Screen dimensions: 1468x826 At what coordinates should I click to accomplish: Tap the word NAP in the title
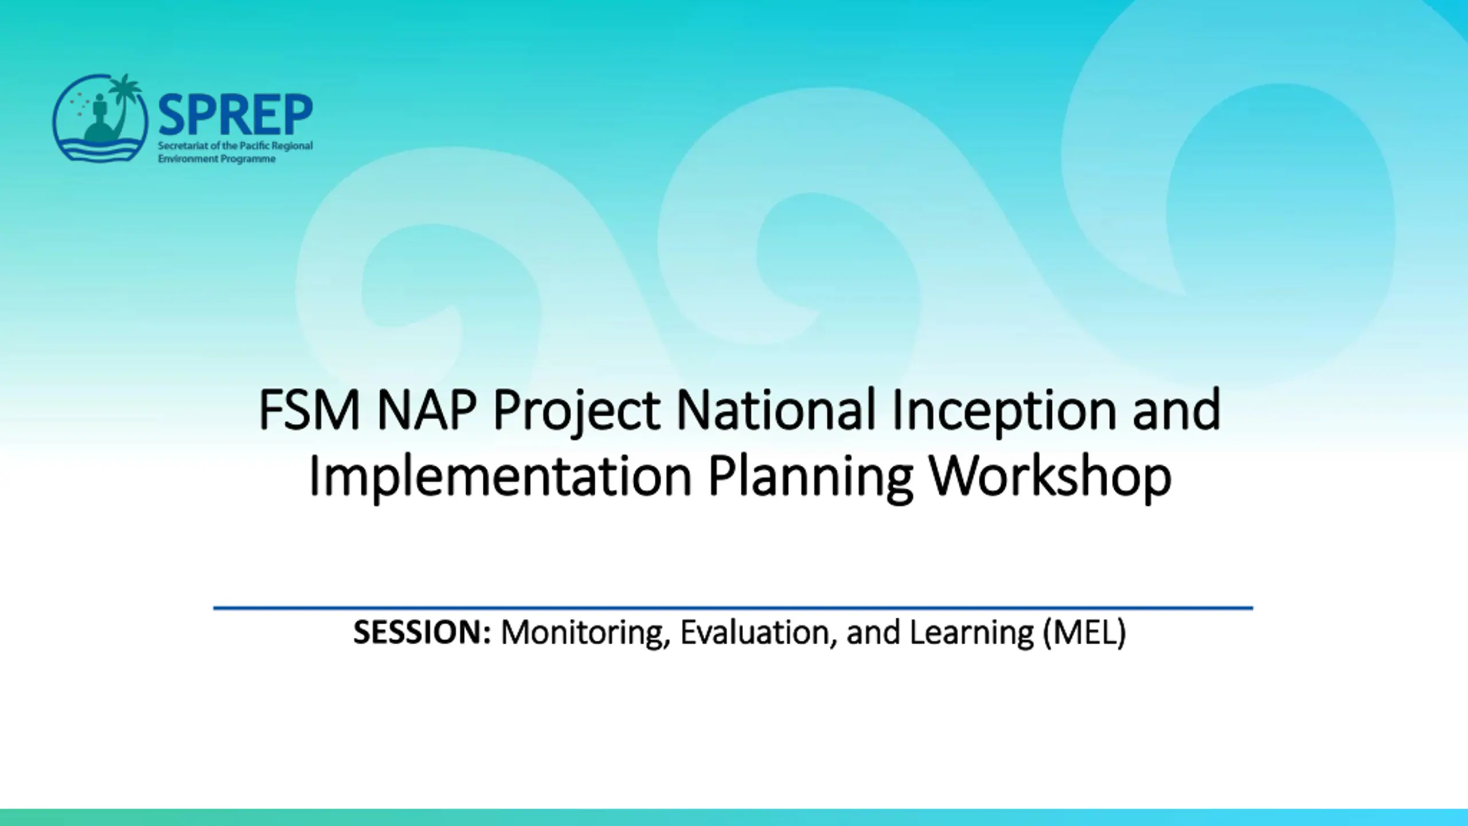(x=427, y=410)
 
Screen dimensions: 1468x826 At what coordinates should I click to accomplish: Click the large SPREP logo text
(x=235, y=115)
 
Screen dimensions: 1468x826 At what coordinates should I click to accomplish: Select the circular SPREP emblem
(x=100, y=118)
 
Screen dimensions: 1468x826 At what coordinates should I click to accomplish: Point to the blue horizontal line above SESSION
(x=733, y=607)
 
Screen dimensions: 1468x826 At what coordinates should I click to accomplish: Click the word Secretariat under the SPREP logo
(x=181, y=146)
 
